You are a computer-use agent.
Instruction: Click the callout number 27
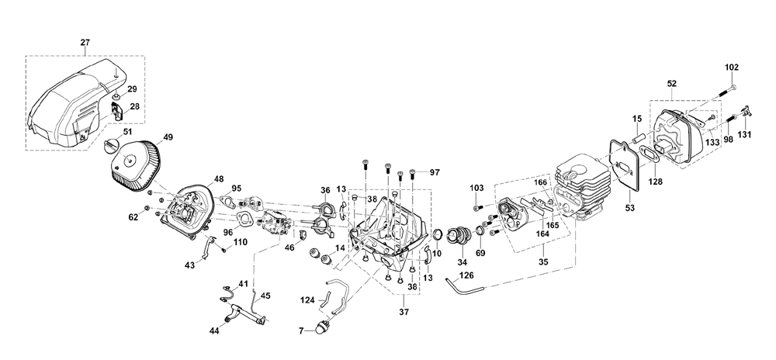85,43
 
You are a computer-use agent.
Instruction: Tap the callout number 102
732,67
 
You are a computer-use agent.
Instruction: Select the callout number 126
466,275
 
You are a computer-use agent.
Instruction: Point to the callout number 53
629,208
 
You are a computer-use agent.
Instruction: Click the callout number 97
435,172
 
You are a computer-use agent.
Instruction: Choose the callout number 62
133,216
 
